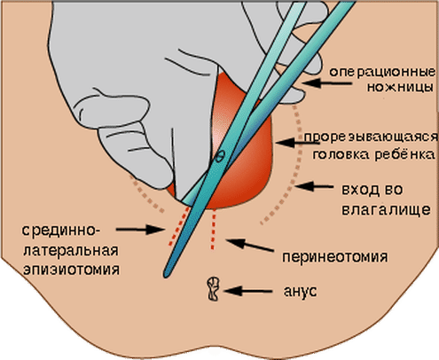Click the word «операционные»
[x=382, y=72]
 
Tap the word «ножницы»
[x=401, y=87]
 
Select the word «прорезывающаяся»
[x=371, y=137]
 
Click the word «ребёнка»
[x=405, y=154]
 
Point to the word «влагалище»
[x=386, y=209]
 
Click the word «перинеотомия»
[x=335, y=256]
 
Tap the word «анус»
[x=300, y=291]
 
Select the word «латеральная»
[x=71, y=251]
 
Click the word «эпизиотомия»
[x=72, y=270]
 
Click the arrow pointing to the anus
[x=248, y=291]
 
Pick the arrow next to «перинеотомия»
[x=250, y=246]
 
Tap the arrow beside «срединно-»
[x=140, y=229]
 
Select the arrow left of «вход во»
[x=314, y=186]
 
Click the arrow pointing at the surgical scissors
[x=326, y=83]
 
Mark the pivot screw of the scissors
[x=220, y=156]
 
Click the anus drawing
[x=213, y=289]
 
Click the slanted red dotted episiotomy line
[x=178, y=226]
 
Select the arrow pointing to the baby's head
[x=298, y=143]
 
